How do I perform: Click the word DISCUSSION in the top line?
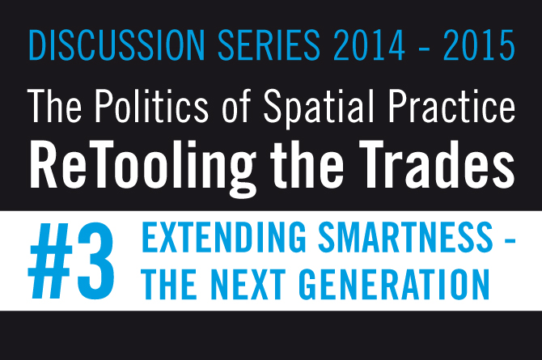[117, 45]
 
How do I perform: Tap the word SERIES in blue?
[269, 45]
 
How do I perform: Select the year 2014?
[369, 45]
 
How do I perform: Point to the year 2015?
[479, 45]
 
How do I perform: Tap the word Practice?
[451, 106]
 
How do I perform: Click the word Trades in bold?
[437, 164]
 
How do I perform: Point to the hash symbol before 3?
[50, 261]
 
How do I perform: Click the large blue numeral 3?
[95, 261]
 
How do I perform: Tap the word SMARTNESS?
[405, 237]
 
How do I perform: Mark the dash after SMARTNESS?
[510, 239]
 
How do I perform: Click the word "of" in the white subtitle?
[236, 106]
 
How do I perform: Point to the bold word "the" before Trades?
[307, 164]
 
